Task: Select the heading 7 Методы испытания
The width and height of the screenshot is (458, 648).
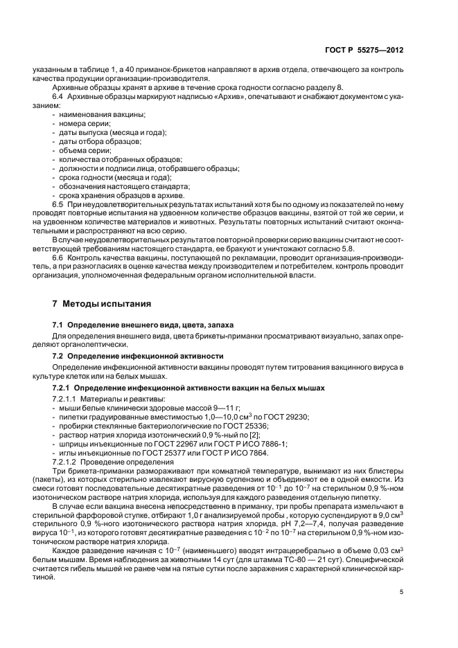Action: [x=97, y=304]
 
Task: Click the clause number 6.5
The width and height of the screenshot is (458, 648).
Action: [x=59, y=205]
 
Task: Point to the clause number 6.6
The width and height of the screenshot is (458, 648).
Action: [x=59, y=259]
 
